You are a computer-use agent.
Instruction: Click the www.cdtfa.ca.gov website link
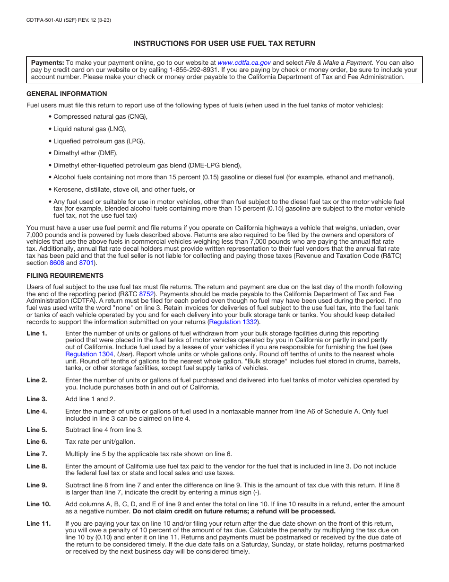[x=244, y=62]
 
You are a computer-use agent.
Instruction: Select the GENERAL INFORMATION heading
[x=67, y=94]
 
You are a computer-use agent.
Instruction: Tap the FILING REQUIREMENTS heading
[x=65, y=275]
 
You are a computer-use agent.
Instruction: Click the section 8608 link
[x=57, y=263]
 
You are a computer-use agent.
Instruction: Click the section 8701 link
[x=86, y=263]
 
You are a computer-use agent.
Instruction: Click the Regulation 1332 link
[x=233, y=322]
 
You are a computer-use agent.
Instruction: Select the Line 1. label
[x=37, y=333]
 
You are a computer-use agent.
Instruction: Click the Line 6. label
[x=37, y=441]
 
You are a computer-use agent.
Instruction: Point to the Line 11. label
[x=38, y=523]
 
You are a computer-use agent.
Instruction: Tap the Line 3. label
[x=37, y=399]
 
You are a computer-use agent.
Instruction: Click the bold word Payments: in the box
[x=47, y=62]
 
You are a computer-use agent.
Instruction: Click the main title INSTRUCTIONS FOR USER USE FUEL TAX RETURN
[x=224, y=44]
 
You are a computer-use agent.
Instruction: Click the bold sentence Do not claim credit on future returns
[x=233, y=511]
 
